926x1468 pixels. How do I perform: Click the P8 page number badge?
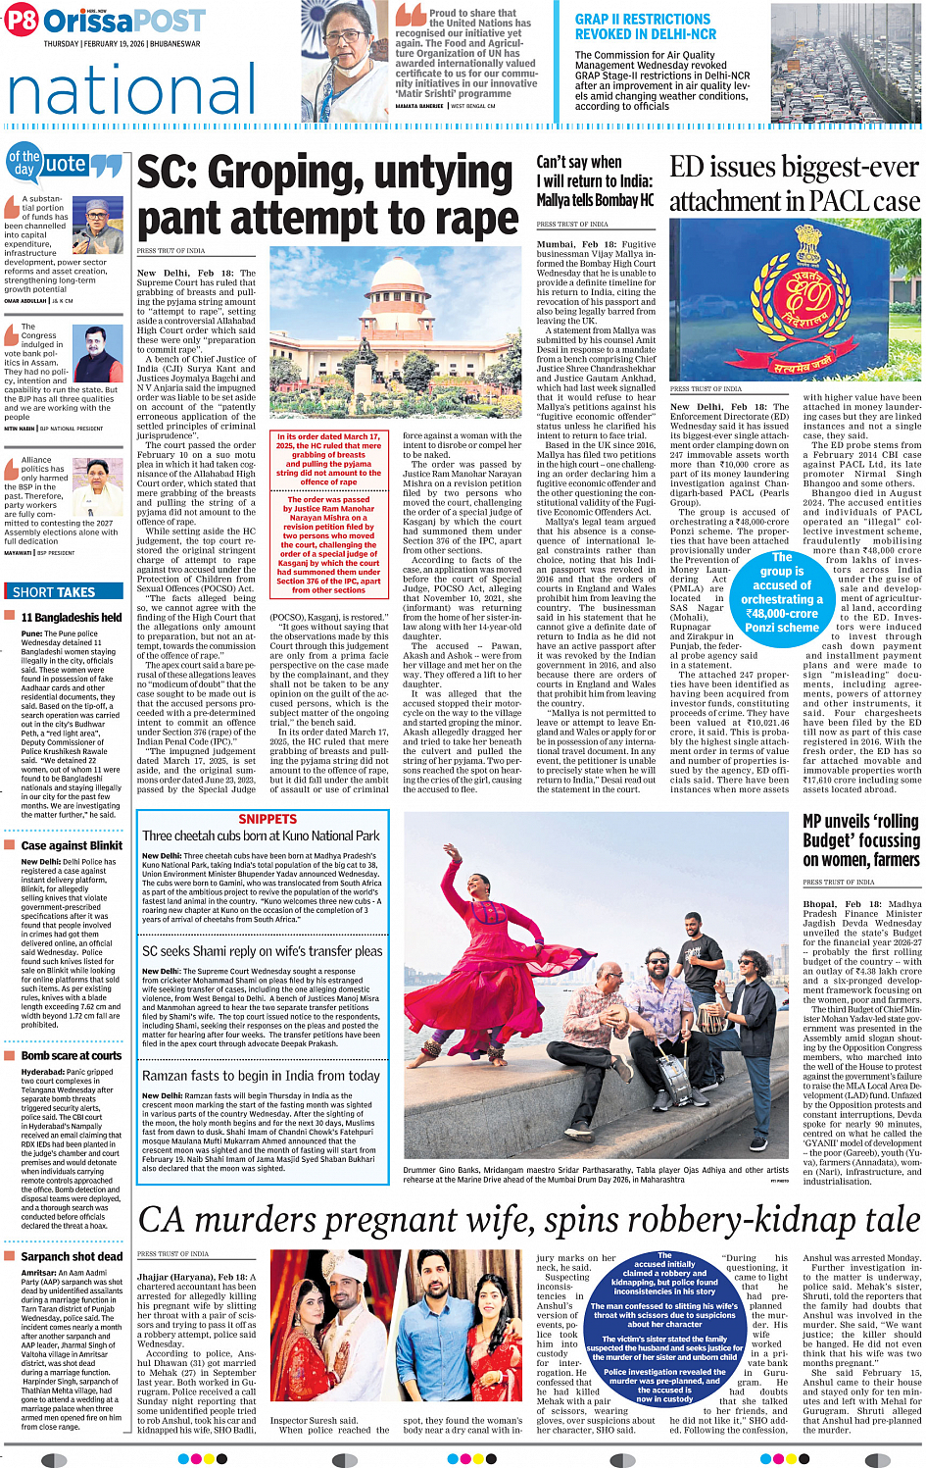[22, 20]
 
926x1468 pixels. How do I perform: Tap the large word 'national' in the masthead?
[132, 90]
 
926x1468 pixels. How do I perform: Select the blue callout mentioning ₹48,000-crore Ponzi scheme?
[781, 592]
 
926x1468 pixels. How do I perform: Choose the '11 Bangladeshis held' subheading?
[72, 618]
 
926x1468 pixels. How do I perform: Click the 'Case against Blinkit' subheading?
[72, 845]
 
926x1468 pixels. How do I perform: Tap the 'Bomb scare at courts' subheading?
[72, 1056]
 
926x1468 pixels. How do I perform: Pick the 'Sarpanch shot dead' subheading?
[72, 1256]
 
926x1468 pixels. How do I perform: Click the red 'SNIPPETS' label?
[268, 819]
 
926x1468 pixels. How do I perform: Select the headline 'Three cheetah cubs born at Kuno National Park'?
[261, 835]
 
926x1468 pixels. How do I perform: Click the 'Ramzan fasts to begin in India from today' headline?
[261, 1076]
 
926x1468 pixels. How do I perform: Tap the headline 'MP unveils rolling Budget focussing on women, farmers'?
[861, 840]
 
